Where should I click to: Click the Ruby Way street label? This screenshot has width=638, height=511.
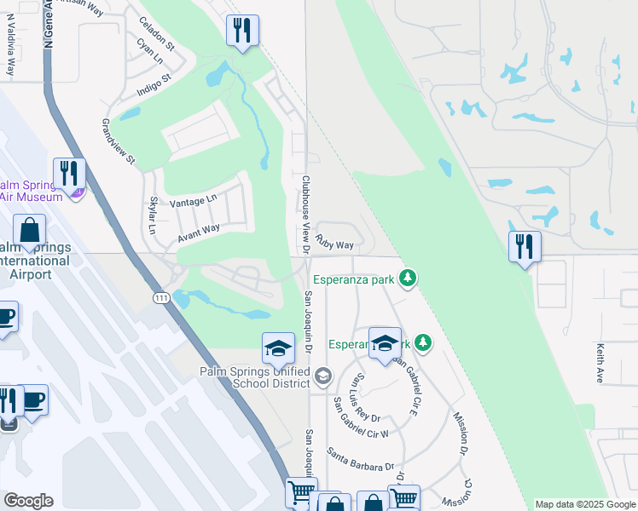coord(334,244)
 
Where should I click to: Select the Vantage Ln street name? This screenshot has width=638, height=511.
coord(194,202)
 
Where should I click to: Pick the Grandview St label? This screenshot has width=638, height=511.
coord(119,141)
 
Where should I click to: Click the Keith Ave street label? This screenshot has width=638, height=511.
coord(600,363)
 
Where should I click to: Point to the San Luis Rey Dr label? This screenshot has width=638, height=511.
coord(368,399)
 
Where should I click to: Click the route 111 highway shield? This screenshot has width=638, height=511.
coord(161,298)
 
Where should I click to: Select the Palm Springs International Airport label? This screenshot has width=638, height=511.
coord(34,261)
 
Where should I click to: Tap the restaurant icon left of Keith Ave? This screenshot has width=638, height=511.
coord(525,247)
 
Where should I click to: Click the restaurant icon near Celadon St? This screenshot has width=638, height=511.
coord(241,32)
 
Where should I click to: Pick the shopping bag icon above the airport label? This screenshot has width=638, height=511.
coord(30,230)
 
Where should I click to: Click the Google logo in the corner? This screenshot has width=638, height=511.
coord(28,501)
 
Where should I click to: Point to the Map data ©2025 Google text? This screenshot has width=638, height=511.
coord(585,504)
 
